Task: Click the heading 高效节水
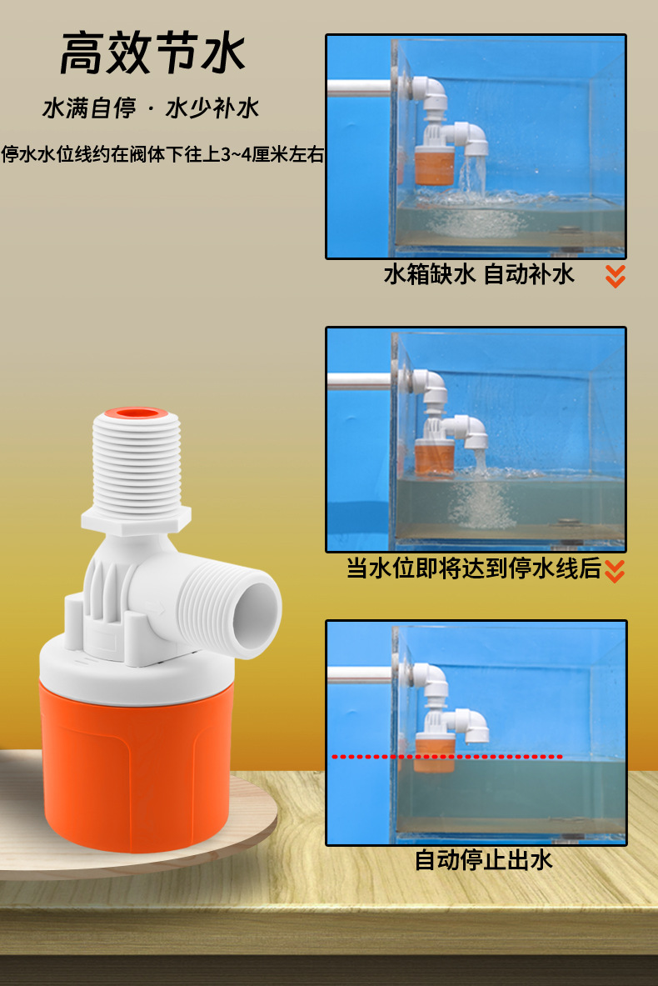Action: click(x=152, y=53)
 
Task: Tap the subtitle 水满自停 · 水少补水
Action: click(x=151, y=108)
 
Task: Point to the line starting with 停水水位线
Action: click(x=162, y=154)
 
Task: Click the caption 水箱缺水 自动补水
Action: click(x=479, y=274)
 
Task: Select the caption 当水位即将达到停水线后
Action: click(x=473, y=569)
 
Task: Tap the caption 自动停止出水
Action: click(x=483, y=859)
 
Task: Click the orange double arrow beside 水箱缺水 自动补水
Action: click(x=616, y=276)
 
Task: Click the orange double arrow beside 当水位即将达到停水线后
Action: click(x=615, y=571)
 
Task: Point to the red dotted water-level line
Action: click(x=447, y=757)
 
